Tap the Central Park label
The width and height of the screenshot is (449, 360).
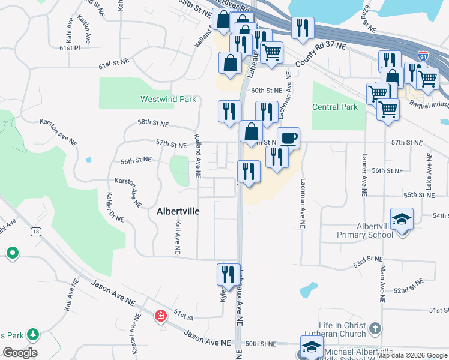(335, 107)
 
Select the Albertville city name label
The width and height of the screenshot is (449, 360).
(178, 211)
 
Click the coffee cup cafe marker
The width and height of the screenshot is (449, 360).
(288, 138)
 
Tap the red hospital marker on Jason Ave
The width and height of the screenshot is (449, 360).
(160, 316)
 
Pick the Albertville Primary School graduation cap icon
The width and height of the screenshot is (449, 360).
(402, 218)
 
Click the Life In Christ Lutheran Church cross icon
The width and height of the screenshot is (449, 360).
(375, 328)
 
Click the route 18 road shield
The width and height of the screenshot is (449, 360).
(37, 232)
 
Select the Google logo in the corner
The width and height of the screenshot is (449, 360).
(20, 353)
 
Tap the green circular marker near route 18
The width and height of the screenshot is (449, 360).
(13, 253)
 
